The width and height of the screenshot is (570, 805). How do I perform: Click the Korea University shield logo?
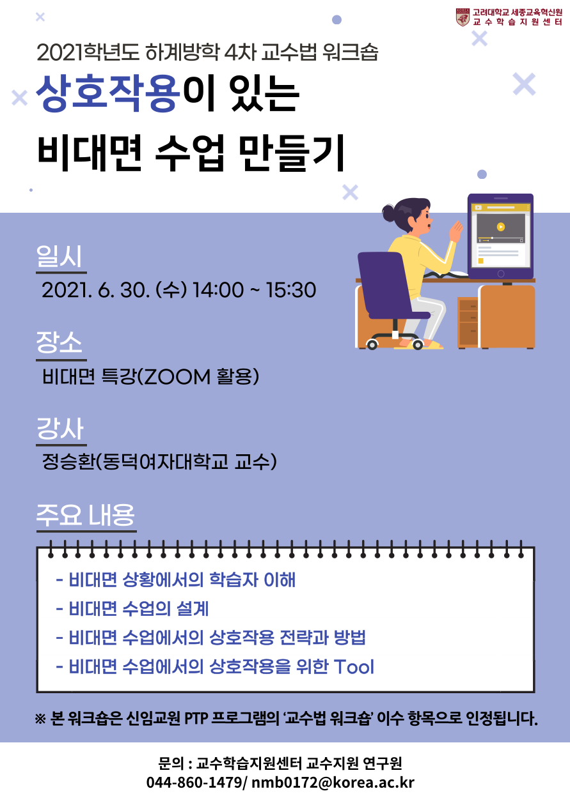pyautogui.click(x=463, y=17)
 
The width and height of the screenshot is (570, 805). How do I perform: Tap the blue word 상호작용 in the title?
pyautogui.click(x=107, y=93)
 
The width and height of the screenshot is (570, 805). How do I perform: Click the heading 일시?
pyautogui.click(x=59, y=257)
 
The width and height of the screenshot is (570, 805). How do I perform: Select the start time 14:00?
pyautogui.click(x=218, y=289)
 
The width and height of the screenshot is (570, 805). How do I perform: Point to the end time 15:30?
pyautogui.click(x=290, y=289)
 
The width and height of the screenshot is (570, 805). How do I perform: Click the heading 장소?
pyautogui.click(x=59, y=342)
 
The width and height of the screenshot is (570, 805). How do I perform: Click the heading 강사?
pyautogui.click(x=59, y=428)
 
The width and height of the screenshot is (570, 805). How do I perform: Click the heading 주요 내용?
pyautogui.click(x=85, y=515)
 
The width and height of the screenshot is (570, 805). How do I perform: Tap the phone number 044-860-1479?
pyautogui.click(x=194, y=783)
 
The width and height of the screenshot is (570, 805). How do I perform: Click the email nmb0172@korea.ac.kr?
pyautogui.click(x=333, y=783)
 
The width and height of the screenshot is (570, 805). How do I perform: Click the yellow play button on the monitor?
pyautogui.click(x=500, y=227)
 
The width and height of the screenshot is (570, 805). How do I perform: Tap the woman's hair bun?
pyautogui.click(x=389, y=213)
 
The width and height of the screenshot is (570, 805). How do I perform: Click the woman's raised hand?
pyautogui.click(x=456, y=231)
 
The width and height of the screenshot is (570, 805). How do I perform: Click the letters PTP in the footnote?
pyautogui.click(x=196, y=719)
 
